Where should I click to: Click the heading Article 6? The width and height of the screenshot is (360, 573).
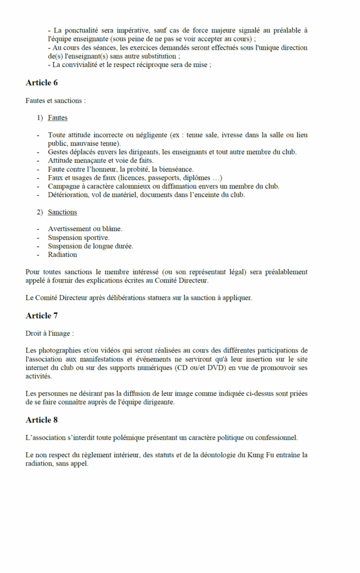pyautogui.click(x=41, y=83)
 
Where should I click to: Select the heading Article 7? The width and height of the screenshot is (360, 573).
pyautogui.click(x=41, y=316)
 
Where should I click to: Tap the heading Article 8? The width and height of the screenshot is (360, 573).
pyautogui.click(x=41, y=420)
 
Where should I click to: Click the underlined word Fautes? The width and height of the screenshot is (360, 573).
pyautogui.click(x=58, y=118)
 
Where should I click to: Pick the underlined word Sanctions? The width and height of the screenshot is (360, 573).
pyautogui.click(x=62, y=212)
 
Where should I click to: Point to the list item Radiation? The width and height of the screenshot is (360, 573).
pyautogui.click(x=62, y=255)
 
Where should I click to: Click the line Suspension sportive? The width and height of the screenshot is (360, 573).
pyautogui.click(x=78, y=237)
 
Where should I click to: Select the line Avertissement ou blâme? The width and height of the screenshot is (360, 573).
pyautogui.click(x=85, y=229)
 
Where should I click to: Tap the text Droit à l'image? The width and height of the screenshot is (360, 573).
pyautogui.click(x=49, y=334)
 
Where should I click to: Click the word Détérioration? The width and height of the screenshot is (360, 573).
pyautogui.click(x=68, y=195)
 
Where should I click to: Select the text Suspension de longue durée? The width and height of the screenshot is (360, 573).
pyautogui.click(x=91, y=246)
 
